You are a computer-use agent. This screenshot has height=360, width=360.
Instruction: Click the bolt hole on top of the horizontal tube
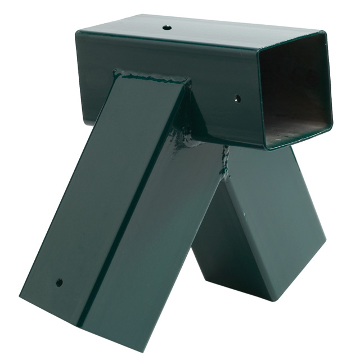(x=167, y=27)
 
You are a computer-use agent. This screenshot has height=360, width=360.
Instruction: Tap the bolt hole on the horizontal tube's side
(x=237, y=98)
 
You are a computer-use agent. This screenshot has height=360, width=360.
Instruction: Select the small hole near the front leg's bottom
(x=59, y=282)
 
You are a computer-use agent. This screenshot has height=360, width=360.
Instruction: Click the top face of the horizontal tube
(x=197, y=28)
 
